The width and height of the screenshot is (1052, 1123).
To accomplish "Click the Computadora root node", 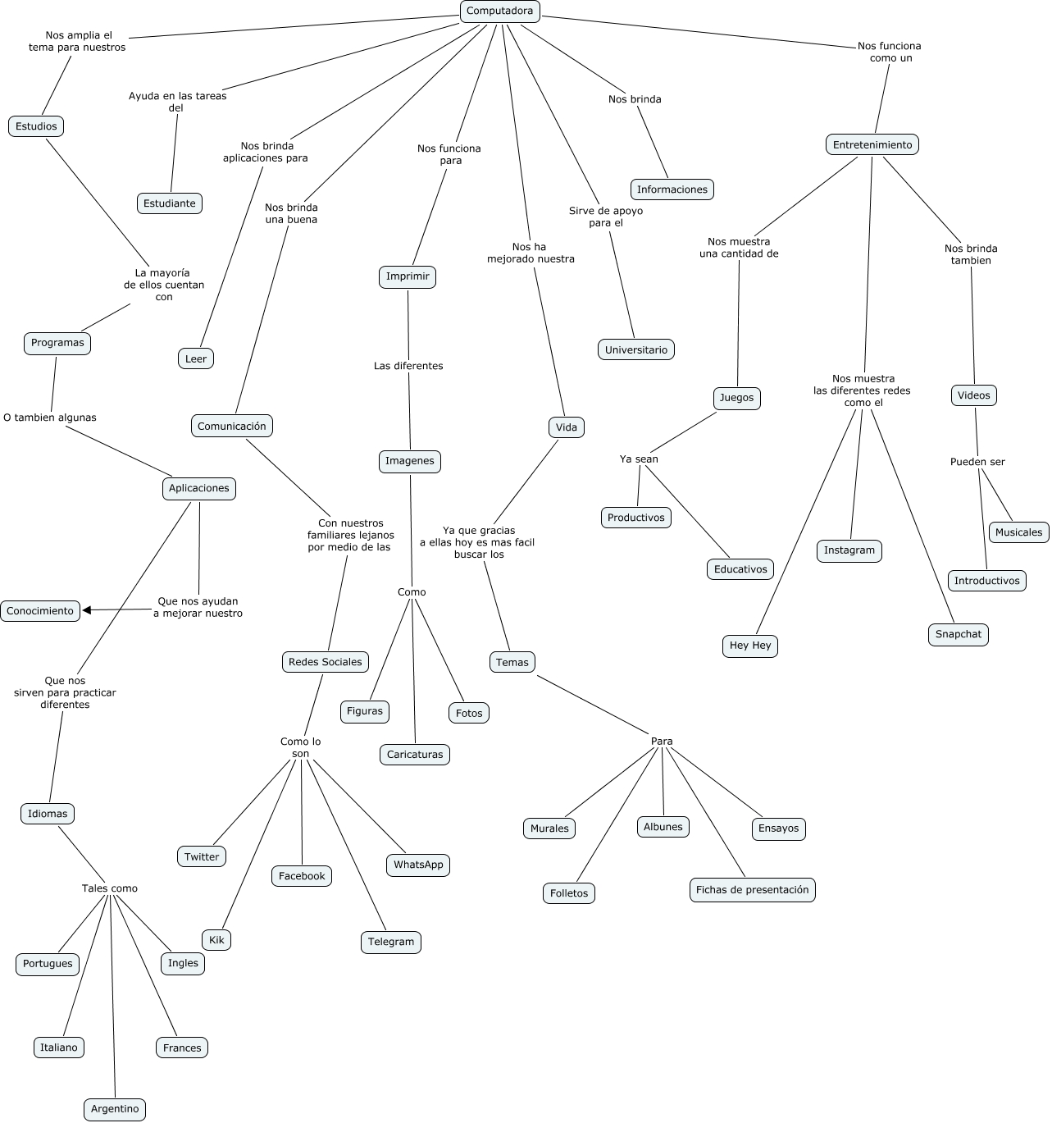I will coord(499,11).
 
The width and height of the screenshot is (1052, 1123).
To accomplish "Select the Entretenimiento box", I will coord(872,145).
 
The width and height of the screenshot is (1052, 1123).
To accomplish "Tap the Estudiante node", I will coord(170,203).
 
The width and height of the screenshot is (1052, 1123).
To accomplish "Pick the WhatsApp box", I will coord(418,865).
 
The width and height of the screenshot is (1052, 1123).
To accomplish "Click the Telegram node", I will coord(391,942).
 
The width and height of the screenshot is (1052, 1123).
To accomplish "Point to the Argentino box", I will coord(115,1109).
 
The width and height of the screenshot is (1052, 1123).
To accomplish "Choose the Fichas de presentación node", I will coord(752,890).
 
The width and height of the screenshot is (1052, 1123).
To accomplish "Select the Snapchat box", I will coord(958,634).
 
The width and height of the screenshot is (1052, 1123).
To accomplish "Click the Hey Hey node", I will coord(750,646).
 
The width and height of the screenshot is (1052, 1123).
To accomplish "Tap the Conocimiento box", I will coord(40,611).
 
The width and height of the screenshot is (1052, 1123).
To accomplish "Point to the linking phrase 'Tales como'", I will coord(110,888).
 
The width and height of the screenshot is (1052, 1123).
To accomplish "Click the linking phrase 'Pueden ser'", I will coord(977,462).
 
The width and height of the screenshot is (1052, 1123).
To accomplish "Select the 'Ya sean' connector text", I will coord(639,459).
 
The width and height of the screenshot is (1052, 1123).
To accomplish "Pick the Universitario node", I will coord(636,350).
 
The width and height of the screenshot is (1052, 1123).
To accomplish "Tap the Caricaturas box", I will coord(415,755).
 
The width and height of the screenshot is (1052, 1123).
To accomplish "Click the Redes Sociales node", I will coord(326,662).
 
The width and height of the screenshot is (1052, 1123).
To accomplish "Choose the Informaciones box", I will coord(672,189).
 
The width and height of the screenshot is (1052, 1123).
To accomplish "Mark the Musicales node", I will coord(1018,532).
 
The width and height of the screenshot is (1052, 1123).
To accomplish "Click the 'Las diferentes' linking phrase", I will coord(408,366).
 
